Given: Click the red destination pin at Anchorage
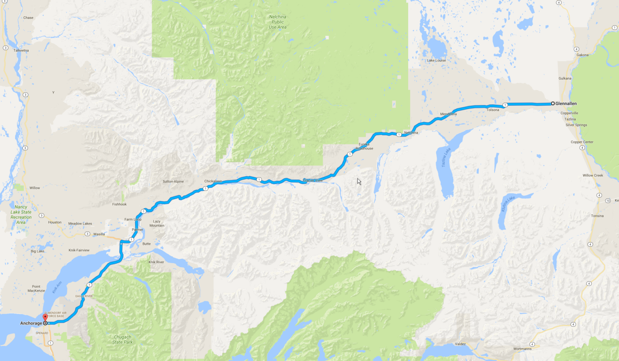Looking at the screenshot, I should pyautogui.click(x=45, y=318).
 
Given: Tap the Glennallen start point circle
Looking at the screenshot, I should pyautogui.click(x=553, y=103).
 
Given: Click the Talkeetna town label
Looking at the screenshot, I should pyautogui.click(x=21, y=50).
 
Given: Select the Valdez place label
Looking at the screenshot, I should pyautogui.click(x=460, y=344).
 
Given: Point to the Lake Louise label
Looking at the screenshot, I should pyautogui.click(x=436, y=60).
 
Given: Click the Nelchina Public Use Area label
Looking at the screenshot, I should pyautogui.click(x=278, y=22).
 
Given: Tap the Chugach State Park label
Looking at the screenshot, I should pyautogui.click(x=123, y=340).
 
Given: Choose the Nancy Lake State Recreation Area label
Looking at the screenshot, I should pyautogui.click(x=21, y=215).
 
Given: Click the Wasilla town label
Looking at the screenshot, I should pyautogui.click(x=99, y=234).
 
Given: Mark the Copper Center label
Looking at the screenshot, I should pyautogui.click(x=582, y=142).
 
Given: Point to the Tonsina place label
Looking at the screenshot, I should pyautogui.click(x=597, y=216).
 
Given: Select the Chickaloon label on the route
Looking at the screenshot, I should pyautogui.click(x=213, y=181).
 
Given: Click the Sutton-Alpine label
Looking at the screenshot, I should pyautogui.click(x=173, y=181).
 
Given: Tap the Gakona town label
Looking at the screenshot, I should pyautogui.click(x=582, y=55).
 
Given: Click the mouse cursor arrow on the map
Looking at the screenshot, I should pyautogui.click(x=359, y=181).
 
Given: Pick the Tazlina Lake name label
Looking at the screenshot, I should pyautogui.click(x=446, y=157).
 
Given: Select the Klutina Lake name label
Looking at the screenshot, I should pyautogui.click(x=508, y=204).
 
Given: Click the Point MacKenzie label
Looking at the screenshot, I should pyautogui.click(x=36, y=289).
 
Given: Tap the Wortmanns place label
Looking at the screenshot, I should pyautogui.click(x=522, y=349).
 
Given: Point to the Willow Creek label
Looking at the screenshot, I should pyautogui.click(x=593, y=175).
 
